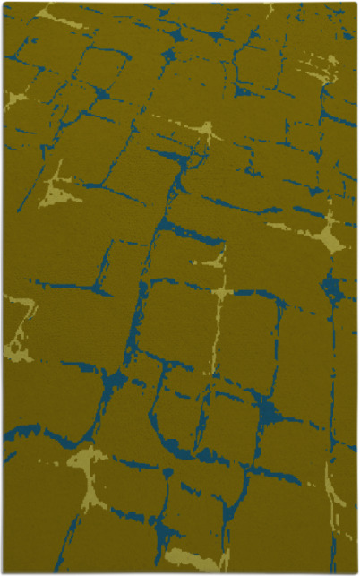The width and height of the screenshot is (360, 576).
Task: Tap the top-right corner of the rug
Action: tap(356, 4)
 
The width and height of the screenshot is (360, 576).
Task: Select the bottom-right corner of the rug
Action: tap(356, 572)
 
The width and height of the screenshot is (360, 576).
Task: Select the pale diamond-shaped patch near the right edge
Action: tap(328, 236)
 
